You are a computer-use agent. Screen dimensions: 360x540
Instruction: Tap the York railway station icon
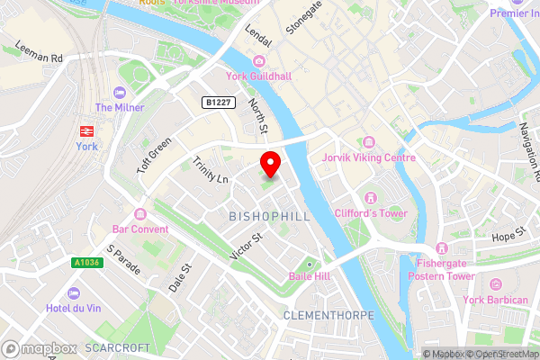(86, 128)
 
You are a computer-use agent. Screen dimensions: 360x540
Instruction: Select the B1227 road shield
(219, 103)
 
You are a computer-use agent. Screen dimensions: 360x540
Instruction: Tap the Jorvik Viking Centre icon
(368, 142)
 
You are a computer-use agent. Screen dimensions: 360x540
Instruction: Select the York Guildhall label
(260, 76)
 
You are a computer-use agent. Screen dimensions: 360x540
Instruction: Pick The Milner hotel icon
(117, 92)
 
